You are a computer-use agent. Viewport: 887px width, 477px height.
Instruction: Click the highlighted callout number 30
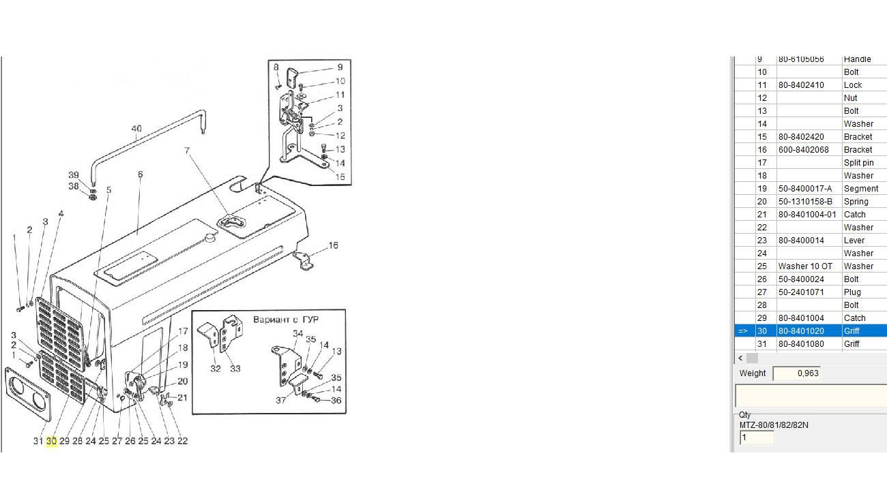(x=51, y=441)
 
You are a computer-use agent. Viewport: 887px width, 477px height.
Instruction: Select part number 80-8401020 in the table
(x=801, y=331)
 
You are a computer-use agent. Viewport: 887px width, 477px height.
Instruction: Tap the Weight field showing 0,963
(x=796, y=373)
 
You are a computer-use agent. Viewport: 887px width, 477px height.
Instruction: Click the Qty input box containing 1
(x=756, y=437)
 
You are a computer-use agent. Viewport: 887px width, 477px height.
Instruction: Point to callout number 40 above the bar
(x=136, y=129)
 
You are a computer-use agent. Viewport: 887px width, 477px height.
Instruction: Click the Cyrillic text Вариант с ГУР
(x=285, y=320)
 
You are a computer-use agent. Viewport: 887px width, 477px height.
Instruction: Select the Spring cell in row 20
(x=856, y=202)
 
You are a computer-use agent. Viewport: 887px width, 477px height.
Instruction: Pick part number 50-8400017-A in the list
(x=805, y=189)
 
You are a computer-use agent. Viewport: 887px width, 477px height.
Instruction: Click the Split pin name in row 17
(x=858, y=163)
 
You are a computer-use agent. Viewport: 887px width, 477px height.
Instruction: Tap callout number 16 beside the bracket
(x=333, y=245)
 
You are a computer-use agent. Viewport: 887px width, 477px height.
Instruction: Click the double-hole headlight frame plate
(x=28, y=394)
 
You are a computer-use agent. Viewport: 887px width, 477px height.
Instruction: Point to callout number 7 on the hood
(x=186, y=151)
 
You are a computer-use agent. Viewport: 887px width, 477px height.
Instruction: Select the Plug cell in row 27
(x=852, y=292)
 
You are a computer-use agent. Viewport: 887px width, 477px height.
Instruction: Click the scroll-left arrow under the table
(x=740, y=358)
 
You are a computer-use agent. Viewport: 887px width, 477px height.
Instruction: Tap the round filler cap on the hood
(x=209, y=238)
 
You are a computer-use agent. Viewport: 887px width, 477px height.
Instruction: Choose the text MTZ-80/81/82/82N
(x=774, y=425)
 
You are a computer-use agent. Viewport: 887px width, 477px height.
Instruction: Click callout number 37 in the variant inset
(x=280, y=400)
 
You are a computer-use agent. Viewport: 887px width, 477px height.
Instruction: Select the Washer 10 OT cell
(x=805, y=266)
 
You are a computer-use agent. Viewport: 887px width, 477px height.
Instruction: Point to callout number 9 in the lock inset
(x=340, y=67)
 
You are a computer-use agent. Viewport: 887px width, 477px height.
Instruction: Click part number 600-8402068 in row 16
(x=804, y=150)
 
